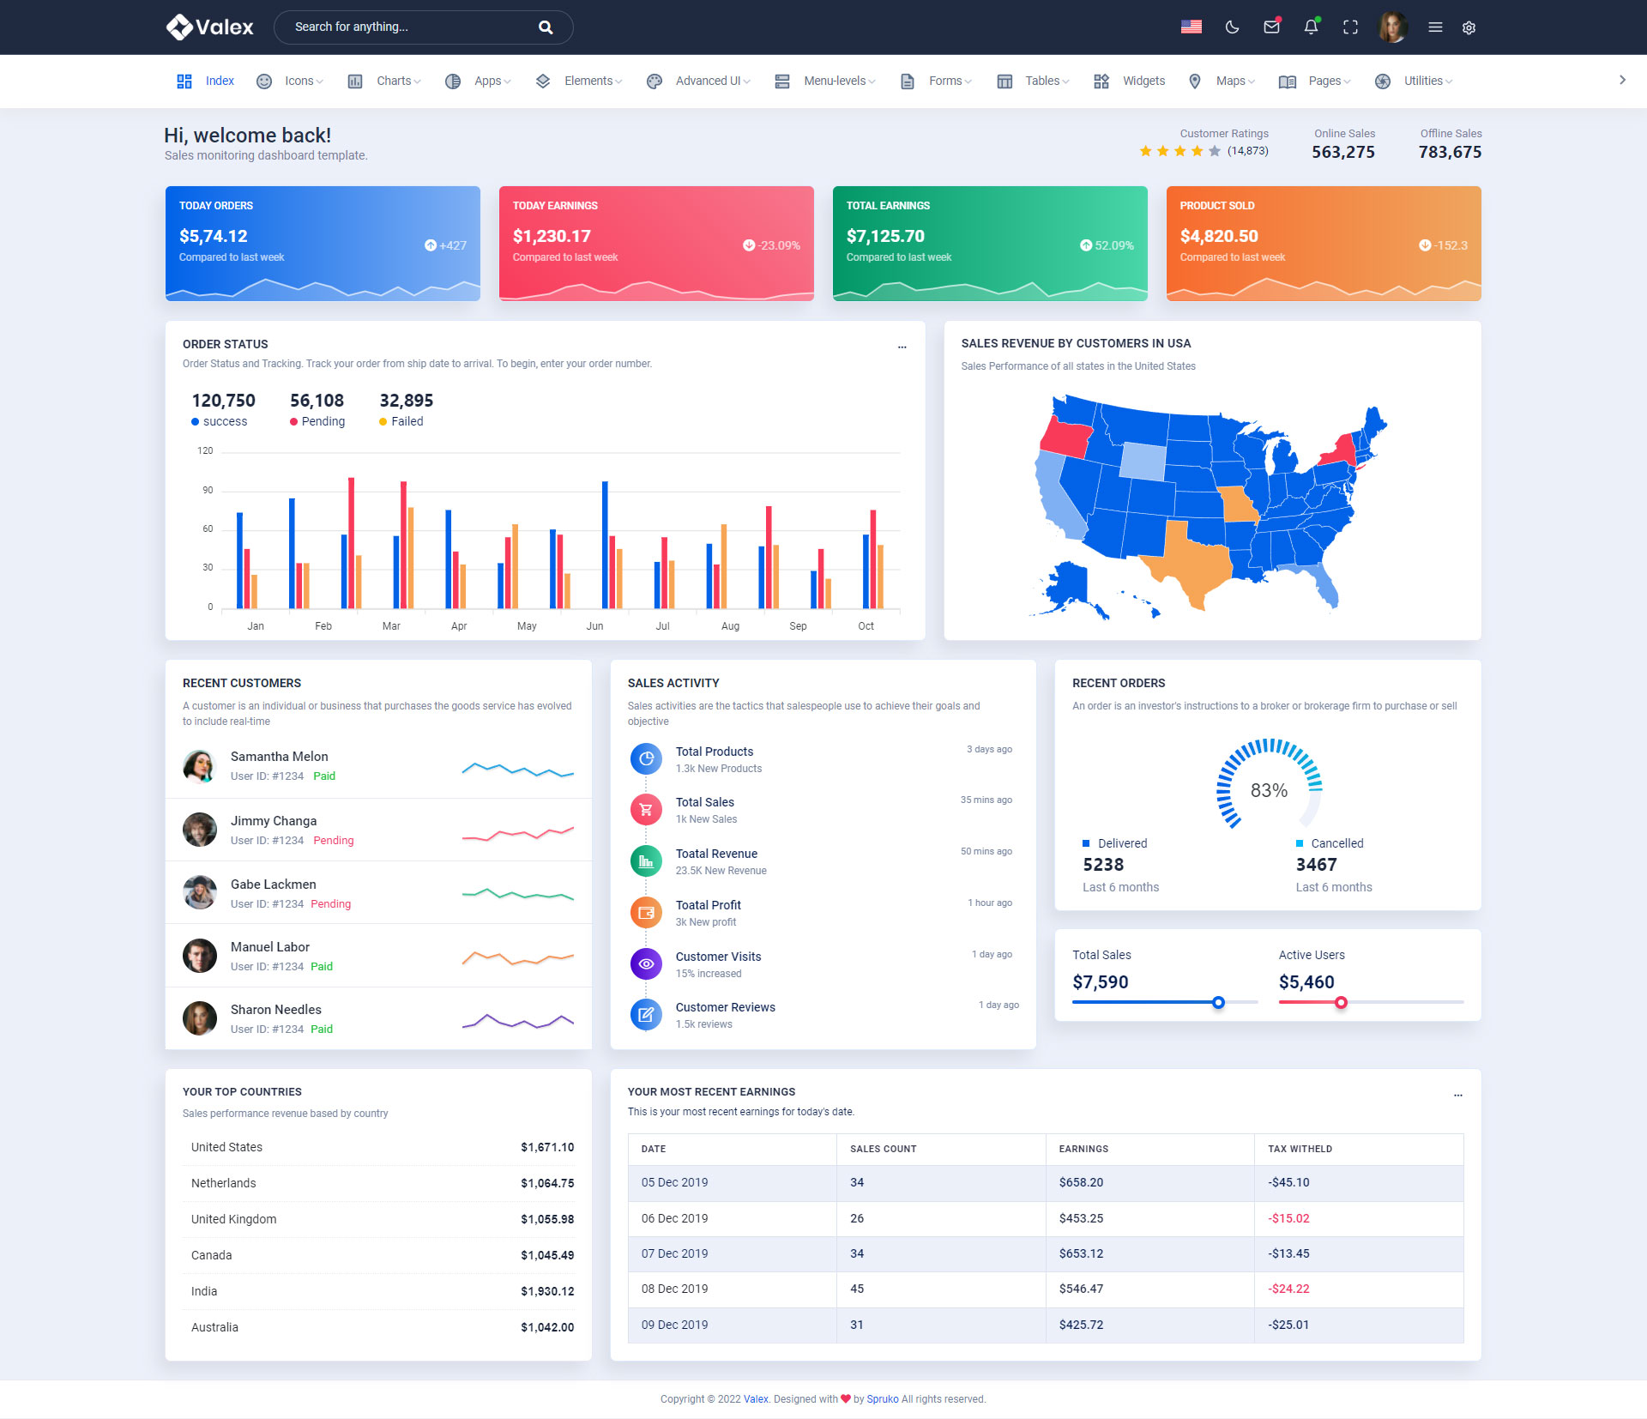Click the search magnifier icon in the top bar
(546, 27)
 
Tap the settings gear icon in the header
(1469, 27)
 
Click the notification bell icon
(1311, 27)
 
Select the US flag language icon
(1191, 27)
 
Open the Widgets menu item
(1143, 81)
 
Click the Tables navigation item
(1042, 81)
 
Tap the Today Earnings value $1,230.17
(552, 236)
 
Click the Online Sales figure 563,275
(1342, 152)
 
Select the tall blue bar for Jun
(605, 544)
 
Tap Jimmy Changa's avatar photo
(200, 830)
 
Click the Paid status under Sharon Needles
(322, 1029)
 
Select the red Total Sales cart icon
(646, 809)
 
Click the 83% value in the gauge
(1269, 790)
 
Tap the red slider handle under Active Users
(1341, 1002)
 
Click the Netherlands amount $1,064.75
(547, 1183)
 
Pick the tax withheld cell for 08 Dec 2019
(1288, 1289)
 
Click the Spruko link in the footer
(882, 1399)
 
